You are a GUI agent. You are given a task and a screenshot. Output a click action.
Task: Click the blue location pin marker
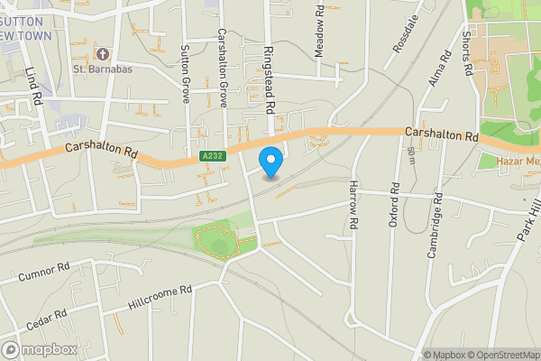pyautogui.click(x=270, y=161)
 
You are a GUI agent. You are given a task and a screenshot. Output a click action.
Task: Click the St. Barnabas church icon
pyautogui.click(x=101, y=52)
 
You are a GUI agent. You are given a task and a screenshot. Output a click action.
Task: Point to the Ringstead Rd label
pyautogui.click(x=269, y=79)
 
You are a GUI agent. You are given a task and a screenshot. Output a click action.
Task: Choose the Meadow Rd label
pyautogui.click(x=319, y=31)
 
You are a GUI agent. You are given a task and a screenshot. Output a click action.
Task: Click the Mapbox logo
pyautogui.click(x=40, y=349)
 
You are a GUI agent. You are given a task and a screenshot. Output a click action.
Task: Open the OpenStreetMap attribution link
pyautogui.click(x=501, y=354)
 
